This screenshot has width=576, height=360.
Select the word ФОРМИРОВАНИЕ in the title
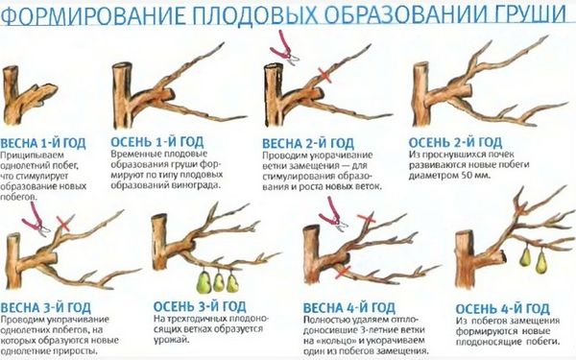94,15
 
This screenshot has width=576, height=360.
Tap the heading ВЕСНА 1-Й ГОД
43,143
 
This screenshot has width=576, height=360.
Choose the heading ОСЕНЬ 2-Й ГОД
455,142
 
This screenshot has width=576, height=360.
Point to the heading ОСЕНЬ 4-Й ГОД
502,308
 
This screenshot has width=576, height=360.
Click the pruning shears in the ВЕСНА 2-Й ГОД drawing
283,49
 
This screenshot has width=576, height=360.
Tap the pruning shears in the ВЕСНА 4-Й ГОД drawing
333,215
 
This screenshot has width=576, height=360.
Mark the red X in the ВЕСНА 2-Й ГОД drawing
325,75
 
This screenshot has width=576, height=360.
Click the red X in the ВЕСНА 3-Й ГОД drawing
63,224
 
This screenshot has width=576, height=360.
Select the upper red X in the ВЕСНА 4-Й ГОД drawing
367,219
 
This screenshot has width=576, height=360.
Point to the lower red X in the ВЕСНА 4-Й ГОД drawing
344,272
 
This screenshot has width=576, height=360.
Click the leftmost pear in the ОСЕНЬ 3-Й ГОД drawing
204,282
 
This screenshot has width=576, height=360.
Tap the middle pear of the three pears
219,282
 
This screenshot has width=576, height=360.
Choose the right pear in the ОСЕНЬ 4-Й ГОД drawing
541,261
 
